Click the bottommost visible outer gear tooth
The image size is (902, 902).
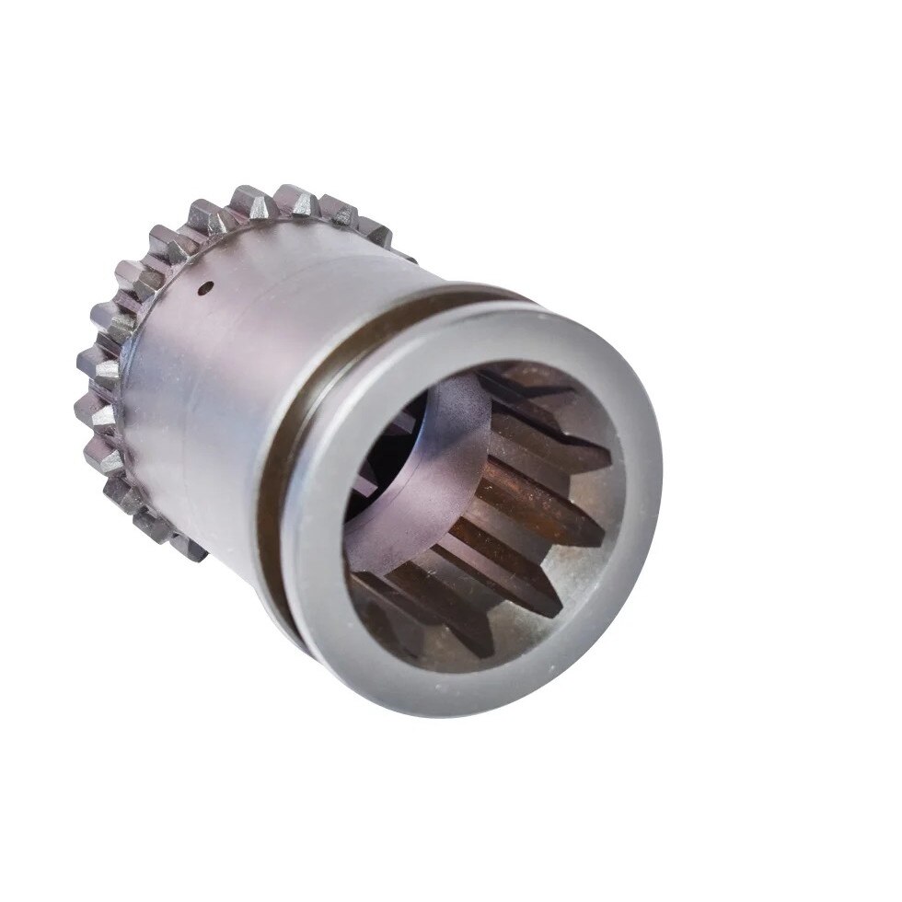click(188, 549)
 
